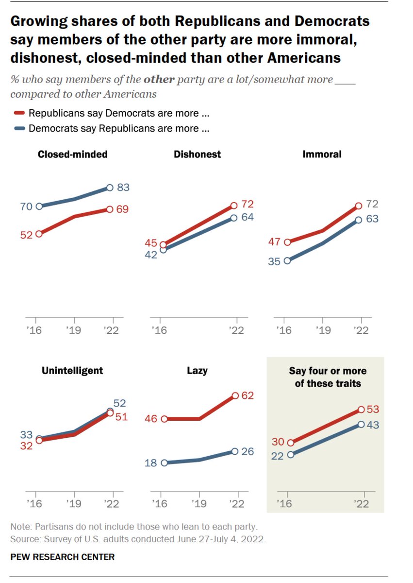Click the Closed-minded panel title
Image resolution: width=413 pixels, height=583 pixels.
pyautogui.click(x=73, y=154)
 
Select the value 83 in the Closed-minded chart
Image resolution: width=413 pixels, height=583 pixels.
pyautogui.click(x=123, y=188)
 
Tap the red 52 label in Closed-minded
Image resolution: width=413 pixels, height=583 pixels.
pyautogui.click(x=26, y=234)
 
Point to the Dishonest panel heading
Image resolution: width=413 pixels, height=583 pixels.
pyautogui.click(x=197, y=154)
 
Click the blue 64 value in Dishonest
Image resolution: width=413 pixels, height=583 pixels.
pyautogui.click(x=248, y=217)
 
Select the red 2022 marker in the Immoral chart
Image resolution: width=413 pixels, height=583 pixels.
pyautogui.click(x=359, y=206)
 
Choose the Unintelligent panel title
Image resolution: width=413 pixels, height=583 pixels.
pyautogui.click(x=72, y=371)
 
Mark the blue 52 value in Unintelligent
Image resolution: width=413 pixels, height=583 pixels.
pyautogui.click(x=119, y=403)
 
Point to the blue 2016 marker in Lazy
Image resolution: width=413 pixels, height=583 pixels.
pyautogui.click(x=164, y=463)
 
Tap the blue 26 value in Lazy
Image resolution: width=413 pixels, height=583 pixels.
pyautogui.click(x=248, y=451)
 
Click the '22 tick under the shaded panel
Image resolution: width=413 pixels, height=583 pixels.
pyautogui.click(x=362, y=504)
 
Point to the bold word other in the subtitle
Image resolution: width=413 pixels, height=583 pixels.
pyautogui.click(x=159, y=80)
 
